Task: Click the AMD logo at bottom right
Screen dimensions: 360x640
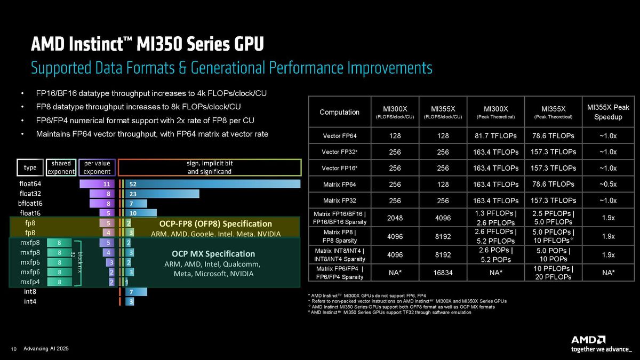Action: pyautogui.click(x=588, y=340)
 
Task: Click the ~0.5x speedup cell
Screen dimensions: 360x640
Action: pyautogui.click(x=608, y=184)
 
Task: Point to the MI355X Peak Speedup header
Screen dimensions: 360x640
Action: pyautogui.click(x=608, y=112)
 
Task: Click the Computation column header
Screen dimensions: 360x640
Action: pyautogui.click(x=339, y=112)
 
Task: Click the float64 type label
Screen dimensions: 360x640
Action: pyautogui.click(x=30, y=184)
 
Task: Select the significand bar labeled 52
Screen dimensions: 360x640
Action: pyautogui.click(x=213, y=184)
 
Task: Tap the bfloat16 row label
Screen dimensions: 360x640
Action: pyautogui.click(x=30, y=203)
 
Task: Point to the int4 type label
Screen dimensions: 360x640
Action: pyautogui.click(x=30, y=302)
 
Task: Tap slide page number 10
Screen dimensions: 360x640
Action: pyautogui.click(x=14, y=349)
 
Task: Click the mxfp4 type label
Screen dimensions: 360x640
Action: pyautogui.click(x=30, y=282)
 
